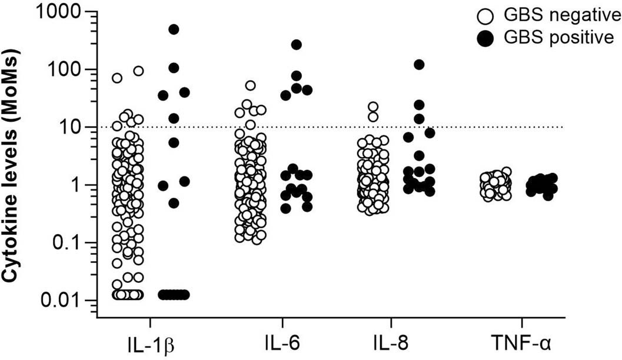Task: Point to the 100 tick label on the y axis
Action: pyautogui.click(x=65, y=69)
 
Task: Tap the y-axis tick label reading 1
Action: pyautogui.click(x=77, y=185)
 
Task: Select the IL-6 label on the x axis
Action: pyautogui.click(x=283, y=341)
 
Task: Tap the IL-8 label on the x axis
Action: pyautogui.click(x=391, y=341)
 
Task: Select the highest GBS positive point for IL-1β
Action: pyautogui.click(x=174, y=29)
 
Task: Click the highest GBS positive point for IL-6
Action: pyautogui.click(x=297, y=45)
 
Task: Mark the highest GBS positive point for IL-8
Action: pyautogui.click(x=419, y=65)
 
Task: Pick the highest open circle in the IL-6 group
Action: pyautogui.click(x=251, y=85)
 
